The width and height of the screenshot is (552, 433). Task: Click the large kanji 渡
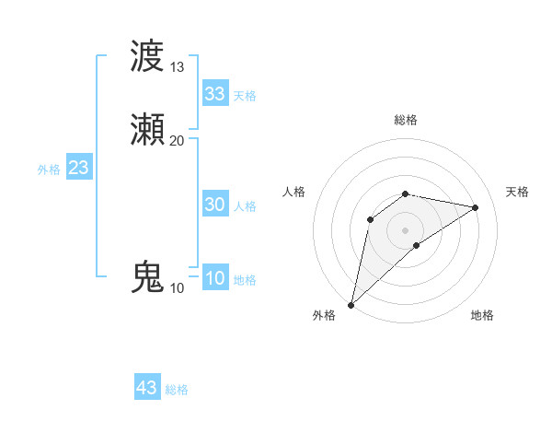tap(148, 56)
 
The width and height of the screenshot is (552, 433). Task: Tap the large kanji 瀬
tap(148, 130)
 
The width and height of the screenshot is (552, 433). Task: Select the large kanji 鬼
tap(148, 277)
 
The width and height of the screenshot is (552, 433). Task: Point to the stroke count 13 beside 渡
tap(178, 67)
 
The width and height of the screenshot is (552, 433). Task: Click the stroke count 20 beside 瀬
tap(178, 140)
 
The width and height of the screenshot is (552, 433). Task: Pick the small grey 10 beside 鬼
tap(178, 288)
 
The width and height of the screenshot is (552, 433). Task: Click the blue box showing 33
tap(215, 94)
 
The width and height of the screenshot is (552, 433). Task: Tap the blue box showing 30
tap(215, 205)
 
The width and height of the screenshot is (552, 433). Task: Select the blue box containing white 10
tap(215, 278)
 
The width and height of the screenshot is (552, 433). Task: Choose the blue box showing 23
tap(79, 168)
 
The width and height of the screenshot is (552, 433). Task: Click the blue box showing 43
tap(147, 388)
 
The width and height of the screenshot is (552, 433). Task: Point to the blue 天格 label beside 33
tap(245, 96)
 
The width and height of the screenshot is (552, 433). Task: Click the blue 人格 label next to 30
tap(245, 206)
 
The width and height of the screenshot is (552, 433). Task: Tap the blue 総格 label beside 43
tap(177, 390)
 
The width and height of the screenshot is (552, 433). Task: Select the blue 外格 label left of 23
tap(49, 170)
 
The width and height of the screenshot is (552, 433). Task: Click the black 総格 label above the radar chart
tap(406, 120)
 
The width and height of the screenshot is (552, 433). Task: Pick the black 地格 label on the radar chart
tap(482, 315)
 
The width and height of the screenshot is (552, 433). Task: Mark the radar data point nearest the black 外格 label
tap(351, 304)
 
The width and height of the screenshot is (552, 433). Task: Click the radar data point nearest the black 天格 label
tap(476, 207)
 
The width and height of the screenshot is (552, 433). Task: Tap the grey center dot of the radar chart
tap(406, 229)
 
